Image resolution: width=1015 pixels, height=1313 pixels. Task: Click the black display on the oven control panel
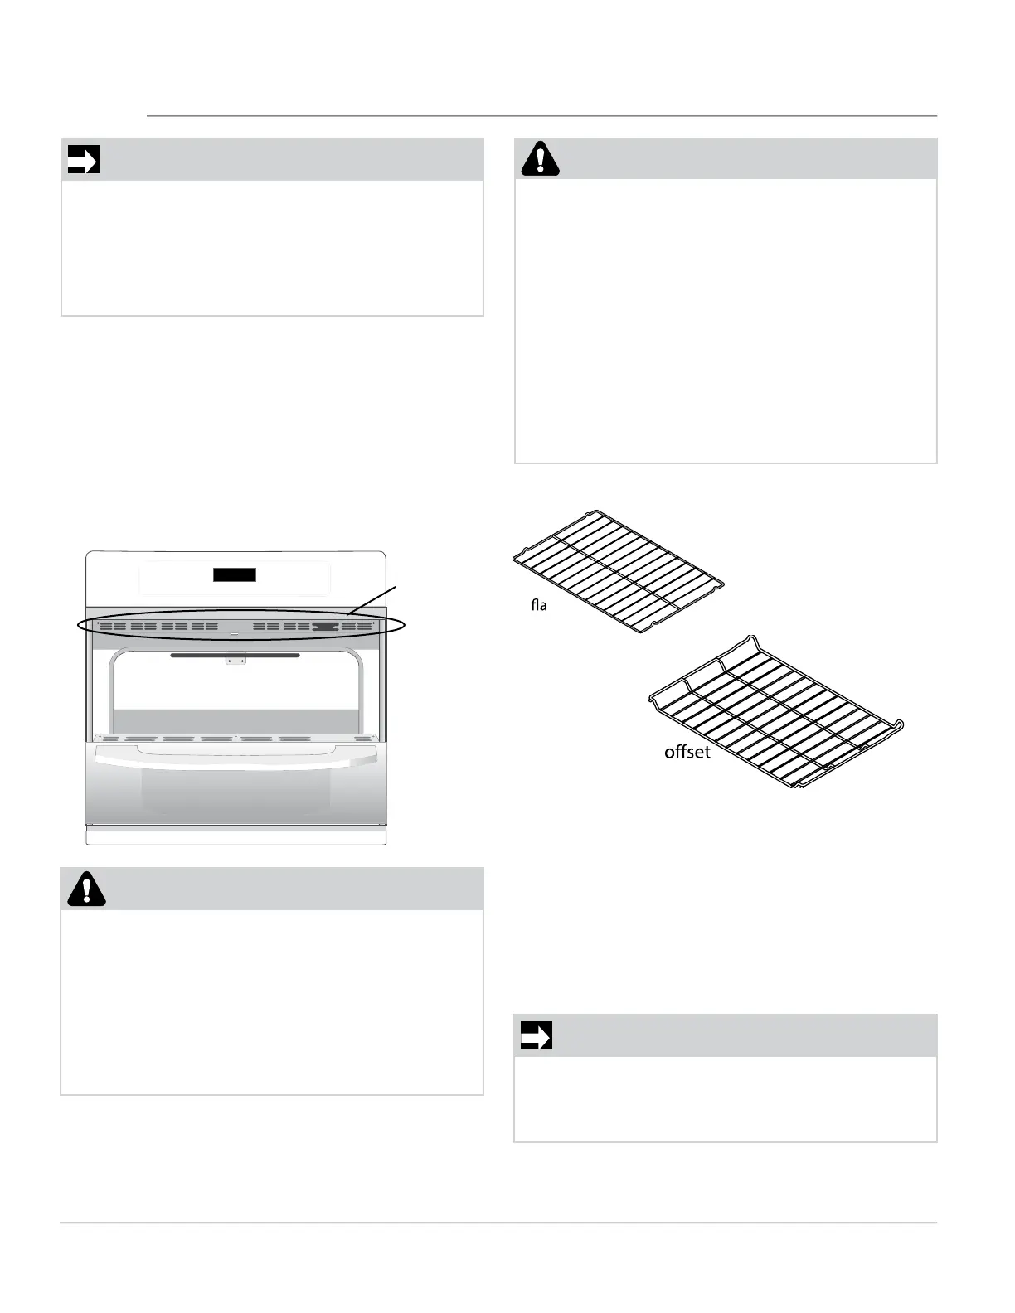pos(235,574)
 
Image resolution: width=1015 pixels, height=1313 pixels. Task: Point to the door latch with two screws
pos(236,661)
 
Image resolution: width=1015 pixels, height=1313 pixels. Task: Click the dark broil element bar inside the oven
pos(236,655)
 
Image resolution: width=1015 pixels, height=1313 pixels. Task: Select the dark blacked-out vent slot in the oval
pos(326,627)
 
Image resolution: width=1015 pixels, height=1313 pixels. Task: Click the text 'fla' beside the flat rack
pos(539,606)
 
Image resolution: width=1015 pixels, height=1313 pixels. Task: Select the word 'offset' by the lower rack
pos(687,753)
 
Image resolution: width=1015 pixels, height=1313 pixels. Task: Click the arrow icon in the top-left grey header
pos(83,159)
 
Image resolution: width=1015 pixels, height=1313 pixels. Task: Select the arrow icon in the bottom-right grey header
pos(536,1035)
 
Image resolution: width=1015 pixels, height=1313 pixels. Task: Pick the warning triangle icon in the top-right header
pos(540,159)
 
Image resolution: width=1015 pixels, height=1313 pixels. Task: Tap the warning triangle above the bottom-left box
pos(86,889)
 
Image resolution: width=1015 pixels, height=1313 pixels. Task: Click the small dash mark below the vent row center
pos(236,635)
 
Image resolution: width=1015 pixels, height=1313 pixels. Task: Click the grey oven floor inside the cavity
pos(236,720)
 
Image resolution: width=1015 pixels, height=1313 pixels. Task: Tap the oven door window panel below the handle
pos(236,796)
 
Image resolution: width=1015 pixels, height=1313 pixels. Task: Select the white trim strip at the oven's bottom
pos(236,836)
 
